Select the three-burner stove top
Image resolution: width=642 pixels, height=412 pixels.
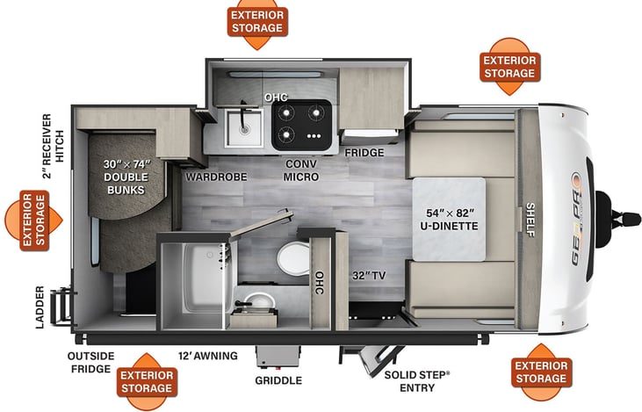coord(301,125)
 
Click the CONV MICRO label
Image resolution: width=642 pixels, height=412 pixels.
coord(300,170)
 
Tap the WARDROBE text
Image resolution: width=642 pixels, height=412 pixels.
coord(216,177)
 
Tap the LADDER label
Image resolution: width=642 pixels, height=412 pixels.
coord(39,307)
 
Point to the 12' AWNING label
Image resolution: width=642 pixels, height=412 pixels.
coord(208,355)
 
